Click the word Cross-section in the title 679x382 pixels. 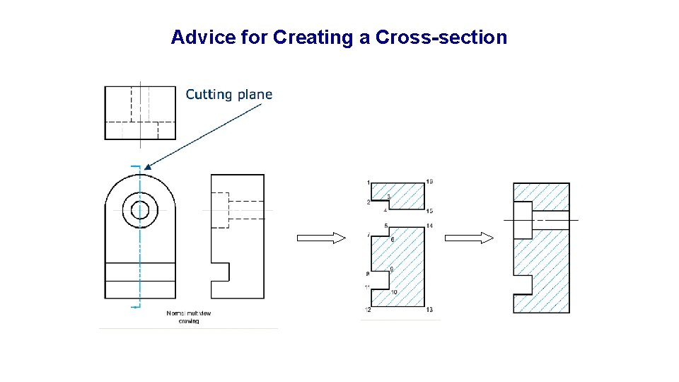[x=441, y=37]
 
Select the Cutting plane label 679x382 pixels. [x=228, y=94]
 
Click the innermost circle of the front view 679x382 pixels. [x=140, y=210]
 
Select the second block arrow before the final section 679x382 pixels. [x=468, y=238]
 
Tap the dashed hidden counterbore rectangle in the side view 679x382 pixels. [x=220, y=210]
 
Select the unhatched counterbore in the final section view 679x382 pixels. [x=523, y=220]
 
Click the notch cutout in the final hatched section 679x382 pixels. [x=523, y=284]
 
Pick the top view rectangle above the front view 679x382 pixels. [x=140, y=112]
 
